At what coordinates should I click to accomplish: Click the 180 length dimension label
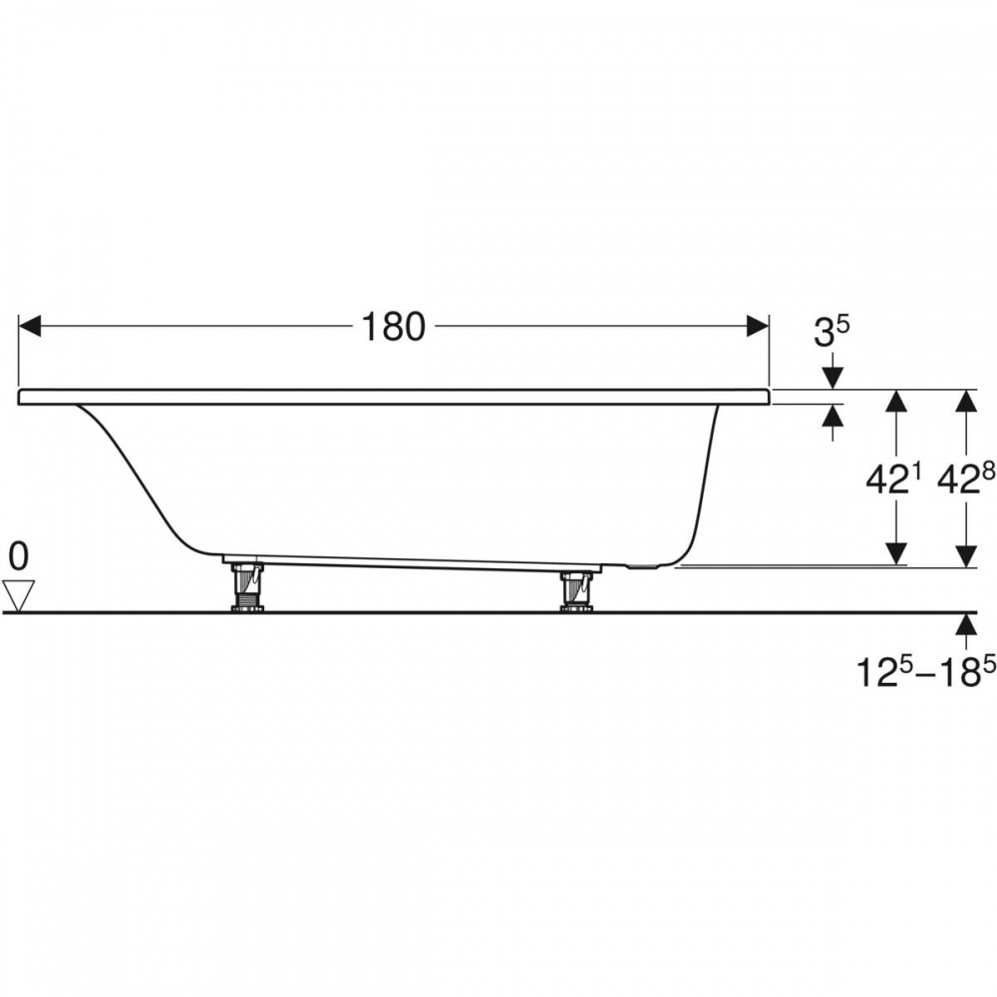(393, 327)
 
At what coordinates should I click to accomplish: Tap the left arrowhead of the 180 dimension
(30, 326)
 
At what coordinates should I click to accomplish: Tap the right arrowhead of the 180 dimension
(758, 326)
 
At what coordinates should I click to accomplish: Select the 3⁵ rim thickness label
(831, 333)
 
